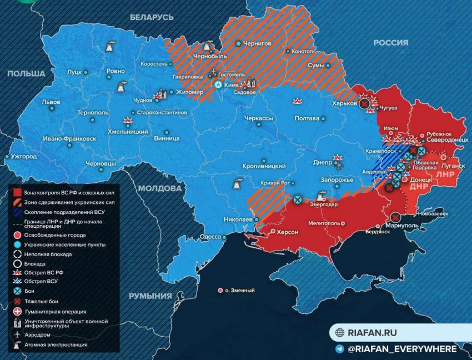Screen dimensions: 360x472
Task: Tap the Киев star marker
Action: coord(219,85)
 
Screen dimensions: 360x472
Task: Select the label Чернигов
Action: coord(259,43)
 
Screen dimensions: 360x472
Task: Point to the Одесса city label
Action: coord(210,236)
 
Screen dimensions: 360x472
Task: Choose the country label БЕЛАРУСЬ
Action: coord(152,17)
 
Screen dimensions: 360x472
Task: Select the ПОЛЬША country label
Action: coord(26,73)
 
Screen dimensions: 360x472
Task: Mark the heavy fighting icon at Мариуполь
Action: coord(395,217)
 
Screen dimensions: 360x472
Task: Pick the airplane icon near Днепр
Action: coord(338,164)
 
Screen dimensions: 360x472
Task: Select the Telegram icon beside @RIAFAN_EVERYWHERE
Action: coord(339,349)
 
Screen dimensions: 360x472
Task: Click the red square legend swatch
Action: coord(17,192)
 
